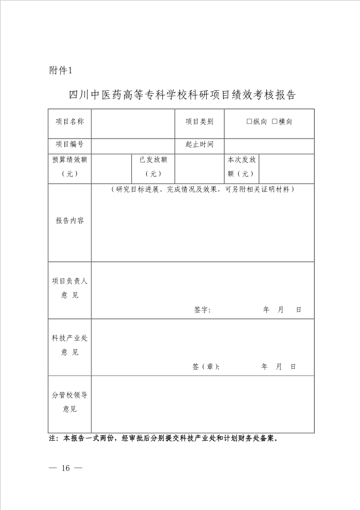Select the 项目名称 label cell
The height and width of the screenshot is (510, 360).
[x=70, y=122]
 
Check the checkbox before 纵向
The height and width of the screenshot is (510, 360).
[x=249, y=122]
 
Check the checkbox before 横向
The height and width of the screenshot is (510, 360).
[x=274, y=122]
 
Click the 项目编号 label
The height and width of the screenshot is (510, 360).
[x=70, y=145]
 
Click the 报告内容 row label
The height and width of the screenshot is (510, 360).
[x=70, y=221]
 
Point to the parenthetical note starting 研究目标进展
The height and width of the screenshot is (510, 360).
[x=202, y=190]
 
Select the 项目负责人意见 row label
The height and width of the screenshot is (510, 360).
[x=70, y=288]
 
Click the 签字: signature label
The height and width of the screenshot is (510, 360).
[x=202, y=310]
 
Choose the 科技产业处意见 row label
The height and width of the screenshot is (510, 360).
[x=70, y=345]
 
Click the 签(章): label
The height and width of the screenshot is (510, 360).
[x=205, y=367]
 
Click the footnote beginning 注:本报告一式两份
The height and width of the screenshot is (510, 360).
[x=163, y=438]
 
